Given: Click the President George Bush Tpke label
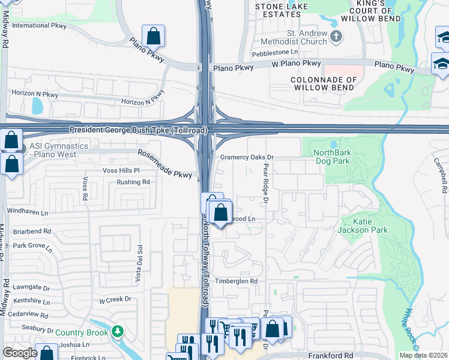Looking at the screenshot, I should coord(138,130).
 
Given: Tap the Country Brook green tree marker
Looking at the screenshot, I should coord(118,331).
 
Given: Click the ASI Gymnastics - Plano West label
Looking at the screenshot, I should coord(58,150).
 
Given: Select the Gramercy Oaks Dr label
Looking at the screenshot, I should coord(247,157).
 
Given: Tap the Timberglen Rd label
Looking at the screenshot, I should coord(237,281).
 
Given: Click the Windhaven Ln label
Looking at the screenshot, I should coord(27,211).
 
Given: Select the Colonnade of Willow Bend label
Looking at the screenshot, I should coord(324,83).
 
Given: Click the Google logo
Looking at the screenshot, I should coord(19,353).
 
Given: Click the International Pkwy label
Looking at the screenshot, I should coord(39,26).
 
